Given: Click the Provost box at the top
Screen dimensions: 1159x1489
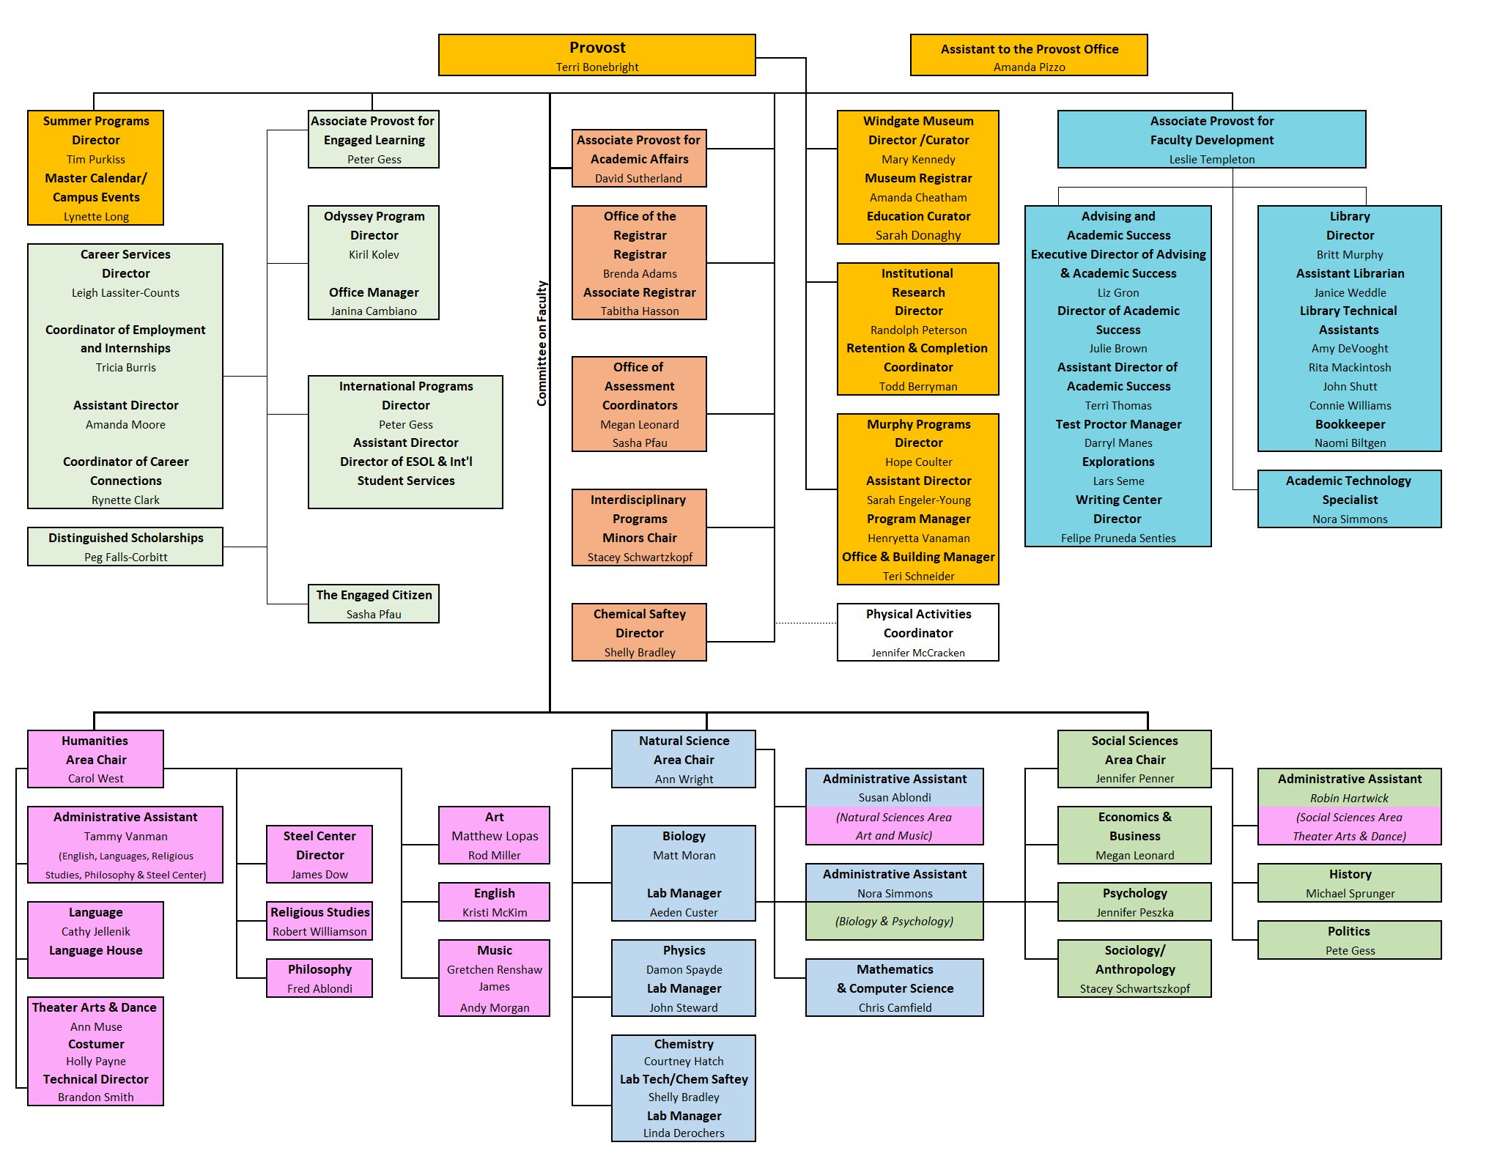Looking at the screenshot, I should pyautogui.click(x=596, y=55).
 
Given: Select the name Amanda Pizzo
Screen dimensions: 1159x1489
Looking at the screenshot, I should pyautogui.click(x=1029, y=67).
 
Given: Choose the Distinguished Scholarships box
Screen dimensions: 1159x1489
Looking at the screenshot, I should pyautogui.click(x=125, y=547).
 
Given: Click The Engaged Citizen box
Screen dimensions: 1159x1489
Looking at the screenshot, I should pyautogui.click(x=374, y=604).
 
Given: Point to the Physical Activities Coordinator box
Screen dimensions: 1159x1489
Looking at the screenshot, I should pyautogui.click(x=917, y=632).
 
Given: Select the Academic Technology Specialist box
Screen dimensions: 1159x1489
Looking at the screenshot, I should pyautogui.click(x=1349, y=499).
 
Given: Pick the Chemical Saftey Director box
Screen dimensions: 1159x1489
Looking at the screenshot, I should pyautogui.click(x=639, y=632).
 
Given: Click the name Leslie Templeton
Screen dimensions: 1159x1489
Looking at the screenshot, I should pyautogui.click(x=1211, y=160).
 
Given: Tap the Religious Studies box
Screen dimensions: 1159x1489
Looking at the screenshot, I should pyautogui.click(x=319, y=921).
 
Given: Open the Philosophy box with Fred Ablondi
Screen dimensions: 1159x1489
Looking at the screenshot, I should pyautogui.click(x=319, y=978).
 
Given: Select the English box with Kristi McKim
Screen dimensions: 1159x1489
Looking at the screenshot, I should pyautogui.click(x=494, y=902).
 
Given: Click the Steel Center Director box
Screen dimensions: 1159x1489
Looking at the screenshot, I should pyautogui.click(x=319, y=854).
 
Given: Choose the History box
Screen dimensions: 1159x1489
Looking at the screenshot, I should pyautogui.click(x=1349, y=883).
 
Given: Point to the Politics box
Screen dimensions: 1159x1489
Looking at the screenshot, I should pyautogui.click(x=1349, y=940).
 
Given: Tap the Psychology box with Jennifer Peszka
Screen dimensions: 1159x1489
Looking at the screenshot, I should pyautogui.click(x=1134, y=902).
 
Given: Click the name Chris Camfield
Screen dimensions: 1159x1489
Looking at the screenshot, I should pyautogui.click(x=895, y=1008).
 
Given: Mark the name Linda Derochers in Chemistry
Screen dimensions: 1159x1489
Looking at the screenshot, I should pyautogui.click(x=683, y=1133).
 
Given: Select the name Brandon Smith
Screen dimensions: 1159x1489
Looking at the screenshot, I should pyautogui.click(x=96, y=1097).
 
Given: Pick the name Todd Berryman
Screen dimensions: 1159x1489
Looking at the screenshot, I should pyautogui.click(x=917, y=387).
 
